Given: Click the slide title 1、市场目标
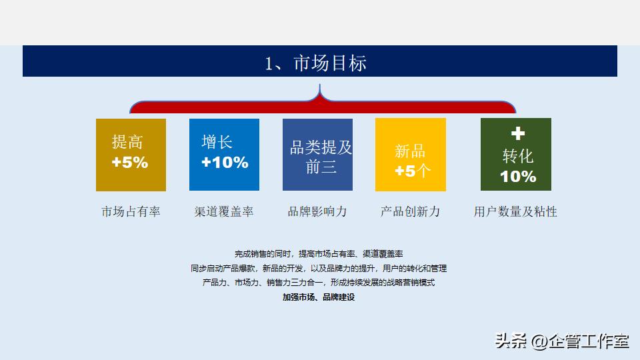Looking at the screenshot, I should point(316,63).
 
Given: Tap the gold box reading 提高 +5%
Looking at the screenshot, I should point(131,155).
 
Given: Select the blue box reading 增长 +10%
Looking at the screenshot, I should point(224,155).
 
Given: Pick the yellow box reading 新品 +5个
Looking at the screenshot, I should point(411,155).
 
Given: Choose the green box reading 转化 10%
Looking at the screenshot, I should point(516,155).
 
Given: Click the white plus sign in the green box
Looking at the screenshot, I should point(518,133).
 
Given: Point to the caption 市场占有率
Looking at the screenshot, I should point(131,212).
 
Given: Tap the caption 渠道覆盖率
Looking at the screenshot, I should point(224,212).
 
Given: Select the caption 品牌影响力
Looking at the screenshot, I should point(317,212).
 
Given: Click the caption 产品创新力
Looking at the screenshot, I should point(411,212).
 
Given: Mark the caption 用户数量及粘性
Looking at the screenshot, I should point(515,212).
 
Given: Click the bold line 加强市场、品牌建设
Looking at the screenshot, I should point(319,297).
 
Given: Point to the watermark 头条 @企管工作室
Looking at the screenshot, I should point(561,341).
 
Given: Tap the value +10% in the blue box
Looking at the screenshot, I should point(225,163).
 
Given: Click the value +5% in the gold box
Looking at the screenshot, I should point(130,163).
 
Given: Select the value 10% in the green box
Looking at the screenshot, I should point(518,177).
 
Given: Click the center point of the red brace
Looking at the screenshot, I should point(321,101).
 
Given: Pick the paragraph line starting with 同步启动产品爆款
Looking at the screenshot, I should point(319,269).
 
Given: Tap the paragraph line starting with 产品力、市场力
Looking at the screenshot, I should point(319,283).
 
